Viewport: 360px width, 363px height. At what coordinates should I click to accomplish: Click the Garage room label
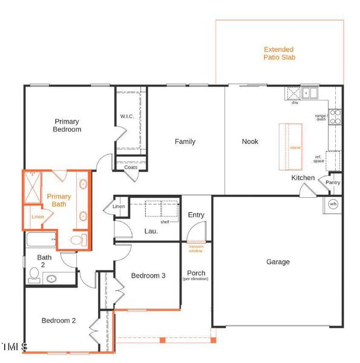coord(278,262)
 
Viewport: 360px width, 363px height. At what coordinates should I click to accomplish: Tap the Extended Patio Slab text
coord(279,53)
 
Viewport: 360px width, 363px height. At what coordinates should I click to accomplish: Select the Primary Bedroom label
coord(67,125)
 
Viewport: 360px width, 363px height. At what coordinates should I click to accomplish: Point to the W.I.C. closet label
coord(126,117)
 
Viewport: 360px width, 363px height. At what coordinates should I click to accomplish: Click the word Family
coord(185,142)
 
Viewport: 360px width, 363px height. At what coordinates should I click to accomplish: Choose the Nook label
coord(250,142)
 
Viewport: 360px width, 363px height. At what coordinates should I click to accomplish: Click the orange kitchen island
coord(290,146)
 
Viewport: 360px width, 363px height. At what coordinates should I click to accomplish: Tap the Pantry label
coord(333,183)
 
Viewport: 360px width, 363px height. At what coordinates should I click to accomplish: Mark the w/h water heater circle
coord(333,204)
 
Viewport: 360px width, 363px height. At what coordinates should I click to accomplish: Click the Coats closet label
coord(131,168)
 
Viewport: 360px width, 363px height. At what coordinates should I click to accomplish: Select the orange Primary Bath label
coord(59,200)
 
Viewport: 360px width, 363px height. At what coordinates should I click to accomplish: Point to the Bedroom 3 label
coord(148,276)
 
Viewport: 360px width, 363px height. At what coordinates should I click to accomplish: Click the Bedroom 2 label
coord(58,321)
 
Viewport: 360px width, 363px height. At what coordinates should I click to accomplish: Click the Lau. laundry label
coord(151,231)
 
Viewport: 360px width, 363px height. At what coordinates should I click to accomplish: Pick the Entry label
coord(196,215)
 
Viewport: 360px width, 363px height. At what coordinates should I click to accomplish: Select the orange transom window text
coord(195,247)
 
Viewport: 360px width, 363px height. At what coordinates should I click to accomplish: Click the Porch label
coord(196,273)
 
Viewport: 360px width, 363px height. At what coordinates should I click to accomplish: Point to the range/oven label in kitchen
coord(321,117)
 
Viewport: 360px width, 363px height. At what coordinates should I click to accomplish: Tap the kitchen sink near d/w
coord(310,93)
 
